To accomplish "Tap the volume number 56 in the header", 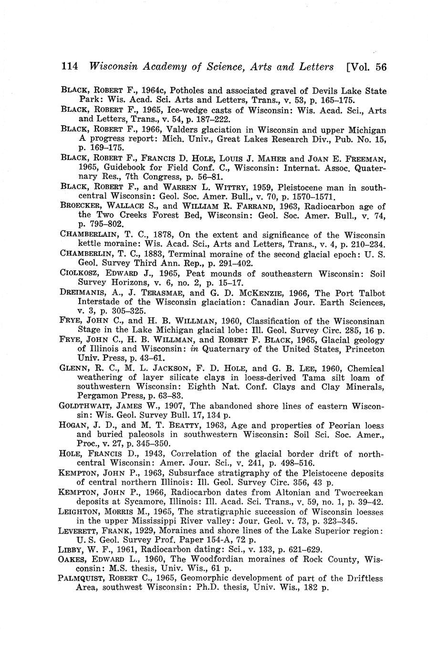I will (x=380, y=67).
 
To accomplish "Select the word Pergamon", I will (x=95, y=396).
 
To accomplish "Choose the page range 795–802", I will (x=107, y=224).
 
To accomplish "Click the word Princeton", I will (x=363, y=350).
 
